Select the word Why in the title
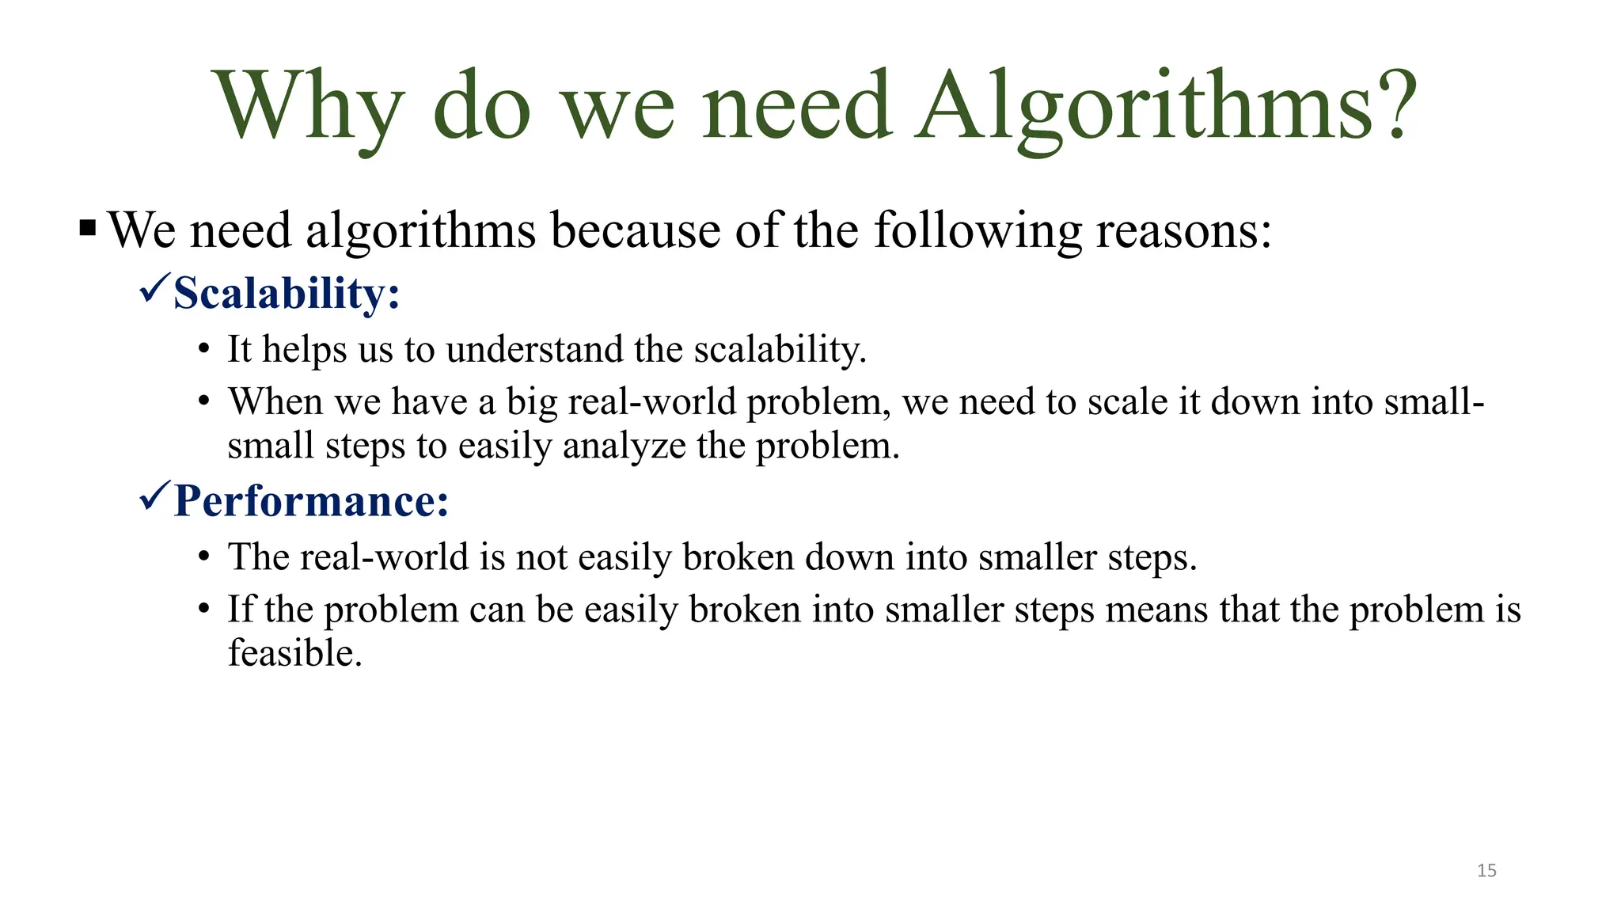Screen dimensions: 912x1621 [x=309, y=107]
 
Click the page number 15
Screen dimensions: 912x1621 [x=1486, y=871]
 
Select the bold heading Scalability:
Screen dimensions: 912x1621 [x=287, y=294]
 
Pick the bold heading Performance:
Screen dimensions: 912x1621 [x=311, y=501]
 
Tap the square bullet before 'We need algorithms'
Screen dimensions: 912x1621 [x=88, y=230]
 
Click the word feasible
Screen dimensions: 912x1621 [x=294, y=653]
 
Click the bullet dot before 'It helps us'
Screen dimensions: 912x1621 [x=204, y=350]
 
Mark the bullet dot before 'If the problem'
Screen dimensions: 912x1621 [x=204, y=610]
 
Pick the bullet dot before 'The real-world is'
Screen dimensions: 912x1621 [x=204, y=557]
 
